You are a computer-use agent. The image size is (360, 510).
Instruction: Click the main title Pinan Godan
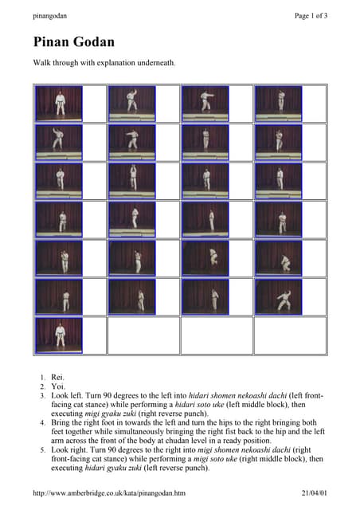click(73, 42)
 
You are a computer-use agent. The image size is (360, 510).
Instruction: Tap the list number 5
click(43, 449)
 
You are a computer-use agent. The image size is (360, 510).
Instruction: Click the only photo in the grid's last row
click(58, 334)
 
